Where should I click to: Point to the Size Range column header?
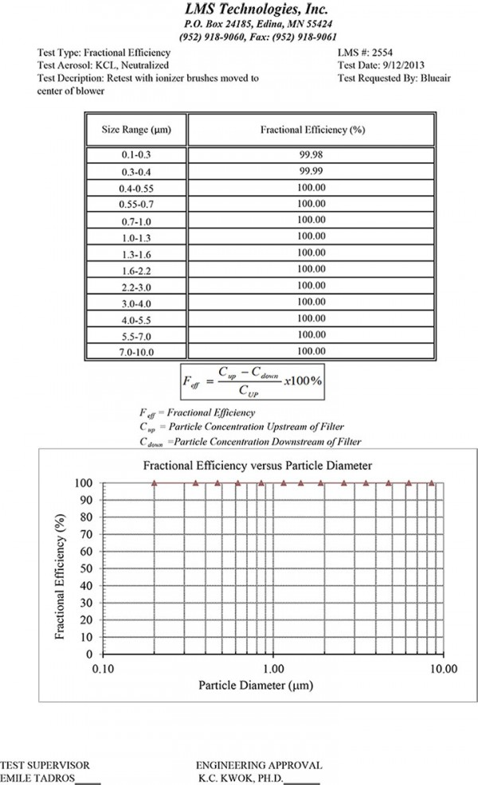pos(136,129)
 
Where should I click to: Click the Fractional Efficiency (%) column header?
pos(312,129)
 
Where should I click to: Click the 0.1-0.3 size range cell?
pos(136,156)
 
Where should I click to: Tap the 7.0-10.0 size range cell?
pos(136,350)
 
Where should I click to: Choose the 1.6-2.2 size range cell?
pos(136,269)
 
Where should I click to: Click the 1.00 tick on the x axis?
pos(274,670)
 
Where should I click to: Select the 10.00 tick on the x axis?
pos(443,670)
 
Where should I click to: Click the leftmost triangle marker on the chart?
pos(155,482)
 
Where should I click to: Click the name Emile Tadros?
pos(38,778)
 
